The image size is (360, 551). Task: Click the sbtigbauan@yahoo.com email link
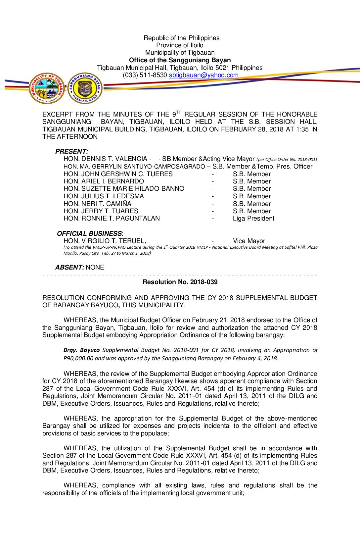[203, 75]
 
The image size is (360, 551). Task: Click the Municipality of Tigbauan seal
[47, 88]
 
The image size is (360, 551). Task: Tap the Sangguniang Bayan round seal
[85, 88]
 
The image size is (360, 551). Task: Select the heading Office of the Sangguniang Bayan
[180, 60]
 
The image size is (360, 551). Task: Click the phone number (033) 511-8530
[145, 75]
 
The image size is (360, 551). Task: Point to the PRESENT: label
[71, 151]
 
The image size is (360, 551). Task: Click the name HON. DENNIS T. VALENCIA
[105, 159]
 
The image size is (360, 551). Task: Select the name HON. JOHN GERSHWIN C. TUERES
[118, 174]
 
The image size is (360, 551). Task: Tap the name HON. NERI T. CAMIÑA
[97, 204]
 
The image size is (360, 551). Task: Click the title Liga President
[253, 219]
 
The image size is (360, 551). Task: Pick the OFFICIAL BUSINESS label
[89, 233]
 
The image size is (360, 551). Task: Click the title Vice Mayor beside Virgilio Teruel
[249, 241]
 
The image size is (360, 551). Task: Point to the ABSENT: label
[69, 267]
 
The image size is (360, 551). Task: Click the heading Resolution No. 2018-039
[180, 282]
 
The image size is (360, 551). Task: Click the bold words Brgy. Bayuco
[81, 350]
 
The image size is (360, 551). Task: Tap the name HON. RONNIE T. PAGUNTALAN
[112, 219]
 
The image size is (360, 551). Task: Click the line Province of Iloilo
[180, 45]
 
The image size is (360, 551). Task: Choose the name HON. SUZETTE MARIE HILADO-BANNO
[124, 189]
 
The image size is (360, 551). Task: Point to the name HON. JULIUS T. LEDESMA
[104, 196]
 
